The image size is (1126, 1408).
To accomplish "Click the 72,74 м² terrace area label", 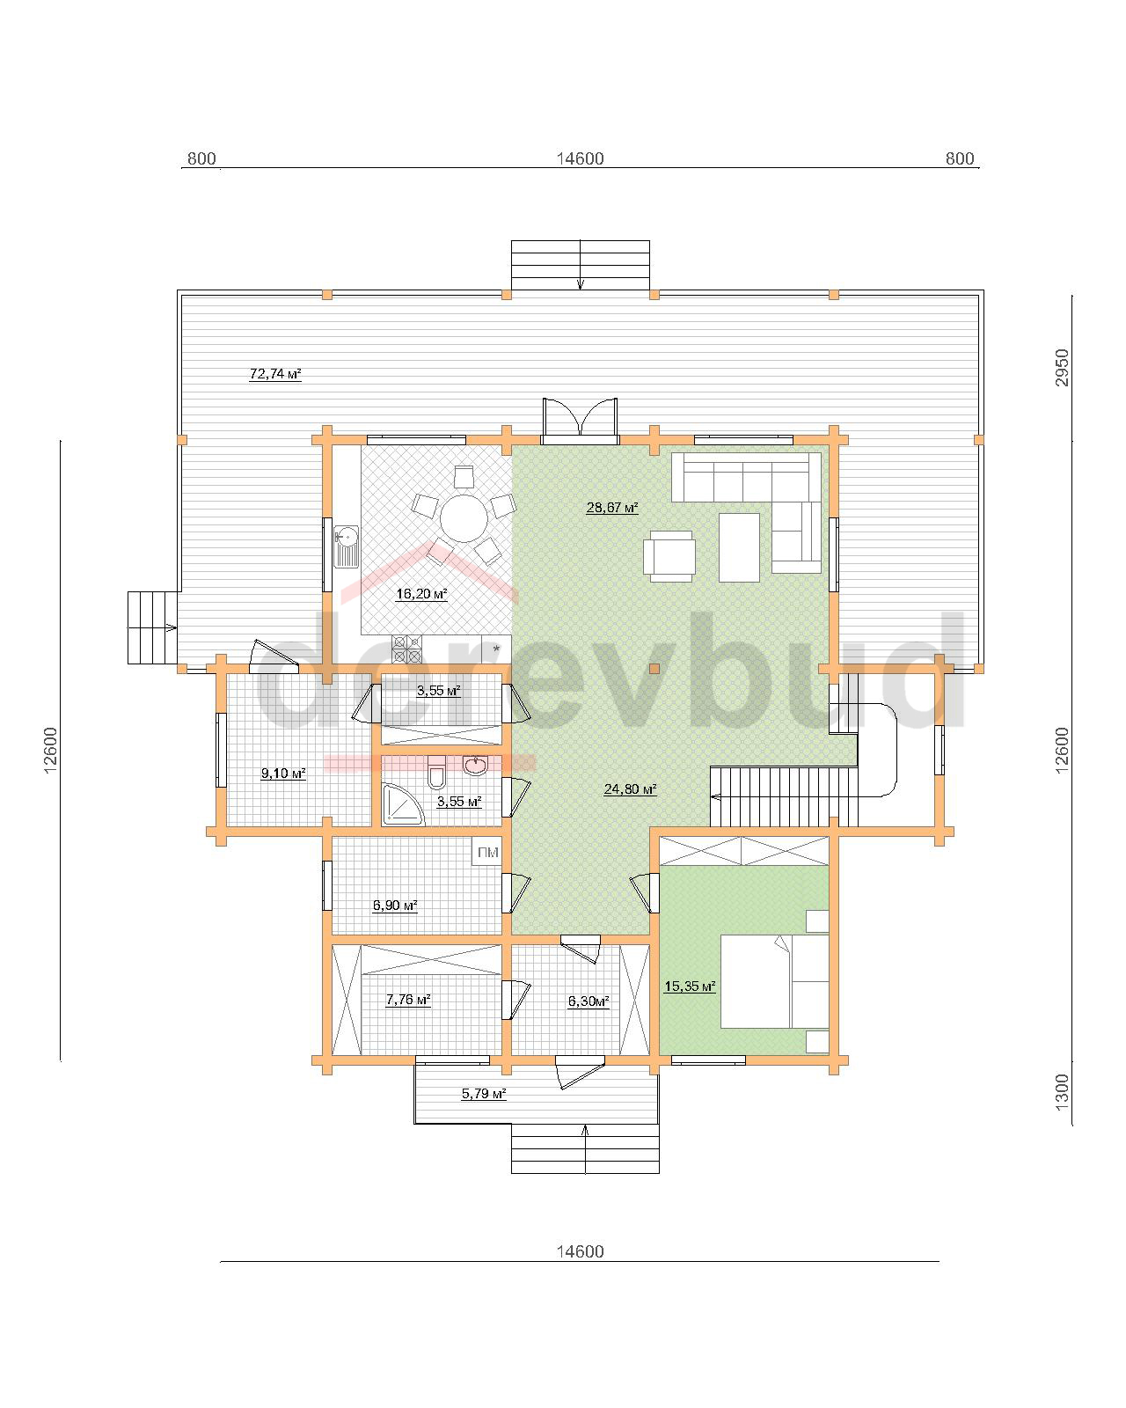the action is click(x=274, y=374).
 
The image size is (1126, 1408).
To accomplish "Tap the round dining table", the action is click(x=464, y=518).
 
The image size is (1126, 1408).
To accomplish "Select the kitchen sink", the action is click(x=346, y=546).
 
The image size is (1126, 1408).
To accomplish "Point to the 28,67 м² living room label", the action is click(x=611, y=507).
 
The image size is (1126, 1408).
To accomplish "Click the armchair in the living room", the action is click(x=668, y=555).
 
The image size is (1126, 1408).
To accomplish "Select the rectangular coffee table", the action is click(x=739, y=547).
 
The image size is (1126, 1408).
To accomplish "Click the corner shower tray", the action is click(x=402, y=804).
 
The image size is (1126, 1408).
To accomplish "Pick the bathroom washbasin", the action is click(x=475, y=765).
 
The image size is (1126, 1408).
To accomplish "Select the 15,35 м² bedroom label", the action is click(x=690, y=986).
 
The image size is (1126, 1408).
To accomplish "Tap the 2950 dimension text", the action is click(x=1062, y=368).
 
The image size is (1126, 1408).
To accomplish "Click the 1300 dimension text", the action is click(x=1062, y=1090).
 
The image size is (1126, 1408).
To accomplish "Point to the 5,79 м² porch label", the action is click(x=484, y=1093).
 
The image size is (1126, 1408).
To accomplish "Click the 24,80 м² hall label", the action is click(x=629, y=789).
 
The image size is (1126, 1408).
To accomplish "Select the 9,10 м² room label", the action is click(x=283, y=774).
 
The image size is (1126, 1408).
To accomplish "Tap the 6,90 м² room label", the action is click(x=394, y=906).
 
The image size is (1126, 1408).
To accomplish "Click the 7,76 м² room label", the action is click(x=407, y=999).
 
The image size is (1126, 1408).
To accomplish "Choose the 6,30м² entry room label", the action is click(x=589, y=1001).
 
